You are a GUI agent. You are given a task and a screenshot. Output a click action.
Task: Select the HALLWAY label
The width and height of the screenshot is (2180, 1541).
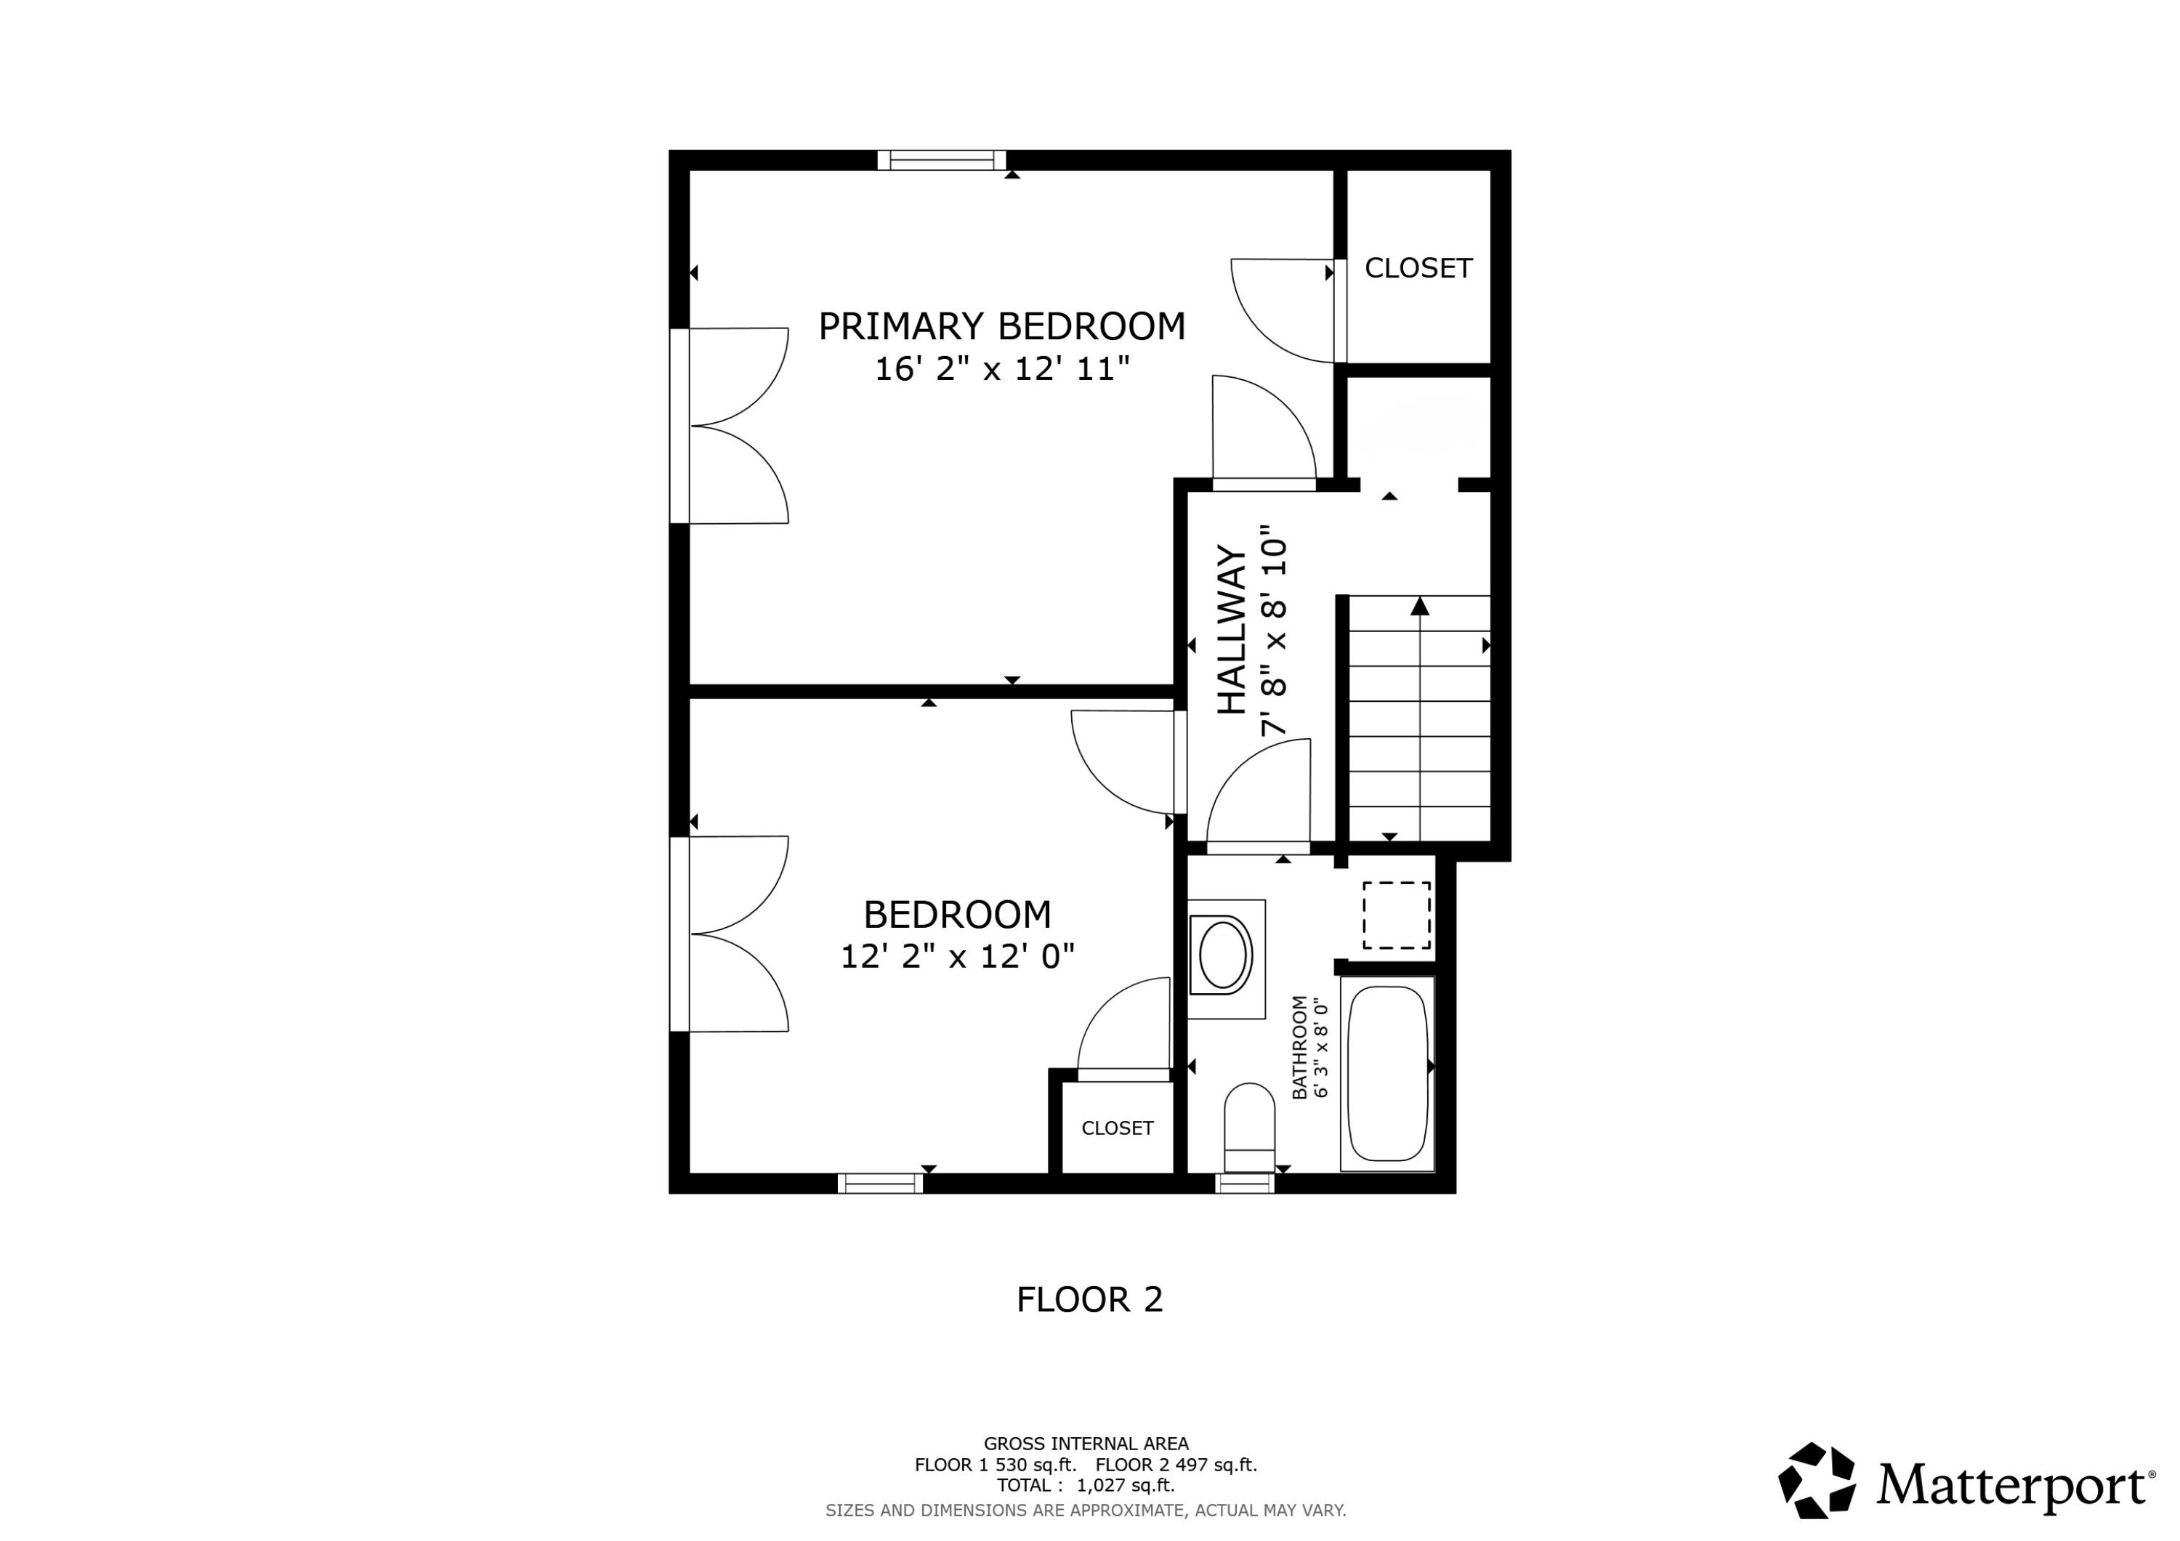(1232, 629)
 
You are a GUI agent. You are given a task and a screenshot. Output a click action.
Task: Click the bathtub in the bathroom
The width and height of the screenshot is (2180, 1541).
(1387, 1073)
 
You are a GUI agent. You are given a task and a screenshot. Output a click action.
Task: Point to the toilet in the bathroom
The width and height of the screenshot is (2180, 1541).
(1250, 1128)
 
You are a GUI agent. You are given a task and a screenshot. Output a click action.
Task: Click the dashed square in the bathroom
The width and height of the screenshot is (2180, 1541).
(1397, 915)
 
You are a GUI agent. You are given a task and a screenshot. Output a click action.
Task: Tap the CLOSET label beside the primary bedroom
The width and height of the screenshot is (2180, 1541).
(1418, 269)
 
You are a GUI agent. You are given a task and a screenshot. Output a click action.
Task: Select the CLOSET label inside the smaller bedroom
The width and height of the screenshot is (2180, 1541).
(1118, 1128)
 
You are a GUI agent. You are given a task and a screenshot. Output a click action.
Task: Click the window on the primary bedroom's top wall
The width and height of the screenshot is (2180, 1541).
(941, 160)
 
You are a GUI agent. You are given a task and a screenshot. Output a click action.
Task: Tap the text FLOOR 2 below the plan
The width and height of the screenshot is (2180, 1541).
(1090, 1299)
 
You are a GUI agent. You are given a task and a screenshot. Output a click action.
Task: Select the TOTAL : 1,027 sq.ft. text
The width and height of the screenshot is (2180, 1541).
(1086, 1485)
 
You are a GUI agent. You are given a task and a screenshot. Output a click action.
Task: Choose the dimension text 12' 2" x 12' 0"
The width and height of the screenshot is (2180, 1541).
(957, 956)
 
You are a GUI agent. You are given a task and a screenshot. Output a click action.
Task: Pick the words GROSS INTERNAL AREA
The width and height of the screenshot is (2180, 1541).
(1086, 1444)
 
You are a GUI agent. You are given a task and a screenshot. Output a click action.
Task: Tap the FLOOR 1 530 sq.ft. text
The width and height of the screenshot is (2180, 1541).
(995, 1465)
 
